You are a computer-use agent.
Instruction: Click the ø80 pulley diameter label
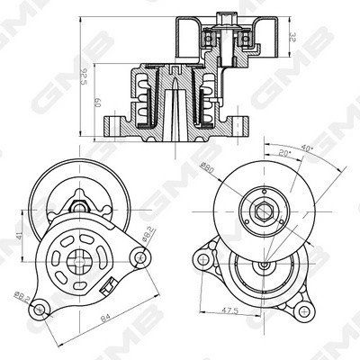(205, 167)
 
